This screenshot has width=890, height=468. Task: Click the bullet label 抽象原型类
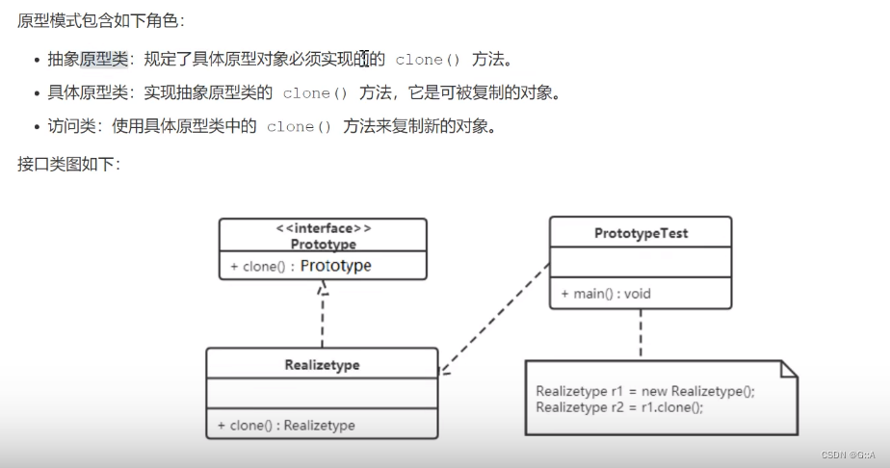(88, 60)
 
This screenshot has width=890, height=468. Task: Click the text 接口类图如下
(67, 164)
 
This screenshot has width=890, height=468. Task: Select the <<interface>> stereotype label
(323, 229)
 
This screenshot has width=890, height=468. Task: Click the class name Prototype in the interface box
(323, 245)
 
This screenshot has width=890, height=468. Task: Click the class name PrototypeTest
(641, 233)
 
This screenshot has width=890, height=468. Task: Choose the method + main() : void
(606, 293)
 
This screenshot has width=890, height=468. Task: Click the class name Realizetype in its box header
(322, 365)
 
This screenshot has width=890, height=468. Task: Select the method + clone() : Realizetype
(286, 425)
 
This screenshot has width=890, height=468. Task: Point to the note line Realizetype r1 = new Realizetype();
(645, 391)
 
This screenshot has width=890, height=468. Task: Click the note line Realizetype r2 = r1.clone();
(619, 406)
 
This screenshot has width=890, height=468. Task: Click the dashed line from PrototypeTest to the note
(640, 334)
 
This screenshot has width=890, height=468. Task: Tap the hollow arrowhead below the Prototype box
(323, 287)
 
